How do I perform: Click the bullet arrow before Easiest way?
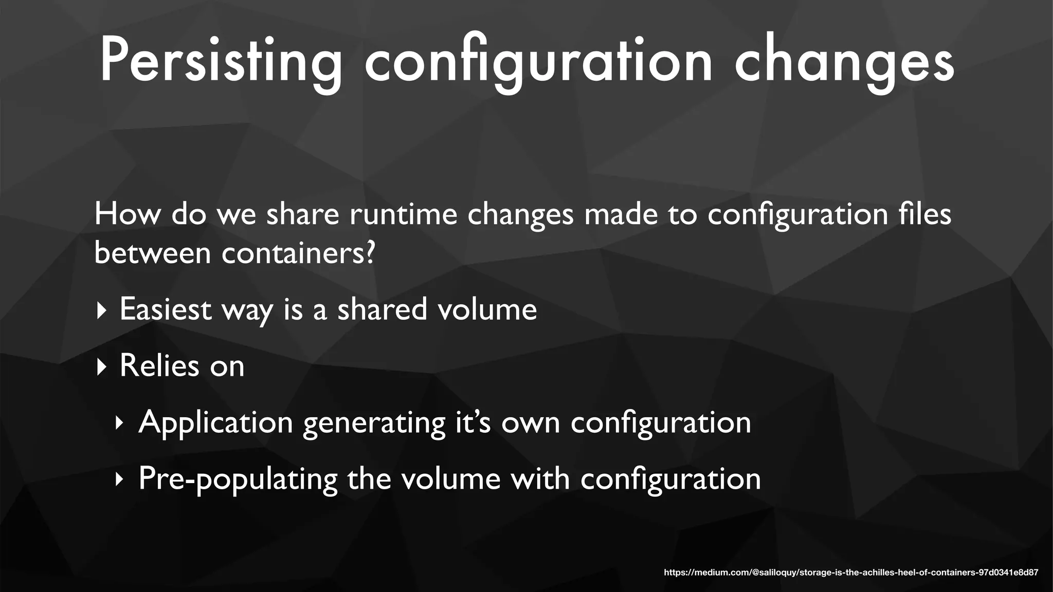pos(101,310)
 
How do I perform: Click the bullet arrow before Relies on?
pos(101,367)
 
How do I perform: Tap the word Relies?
pos(159,366)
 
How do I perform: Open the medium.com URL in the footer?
pos(851,572)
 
